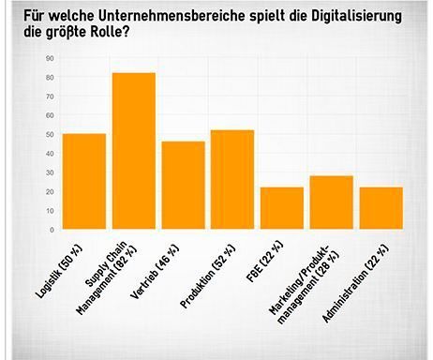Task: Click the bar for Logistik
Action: click(x=83, y=182)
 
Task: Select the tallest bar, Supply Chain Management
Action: click(x=133, y=151)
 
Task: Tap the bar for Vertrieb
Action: click(x=183, y=186)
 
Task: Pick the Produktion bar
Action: click(x=232, y=180)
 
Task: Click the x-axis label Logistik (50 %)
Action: click(x=80, y=265)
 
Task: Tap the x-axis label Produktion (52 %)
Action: click(x=225, y=268)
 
